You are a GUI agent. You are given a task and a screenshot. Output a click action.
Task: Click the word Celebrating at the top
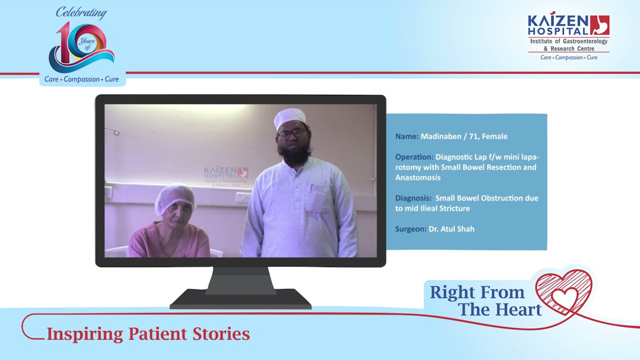(x=81, y=13)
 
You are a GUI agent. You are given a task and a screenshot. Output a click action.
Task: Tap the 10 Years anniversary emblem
(x=81, y=47)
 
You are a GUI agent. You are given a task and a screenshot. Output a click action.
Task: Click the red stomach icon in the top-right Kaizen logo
(x=599, y=25)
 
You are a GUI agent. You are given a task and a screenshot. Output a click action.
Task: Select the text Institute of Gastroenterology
(x=569, y=41)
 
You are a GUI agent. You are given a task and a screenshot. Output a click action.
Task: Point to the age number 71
(x=473, y=136)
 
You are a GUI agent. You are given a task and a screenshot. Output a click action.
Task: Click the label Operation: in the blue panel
(x=414, y=157)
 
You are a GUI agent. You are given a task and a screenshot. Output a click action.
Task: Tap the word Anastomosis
(x=417, y=177)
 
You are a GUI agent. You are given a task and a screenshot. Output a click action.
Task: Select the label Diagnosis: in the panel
(x=413, y=198)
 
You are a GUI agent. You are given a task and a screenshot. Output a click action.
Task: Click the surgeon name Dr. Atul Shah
(x=451, y=229)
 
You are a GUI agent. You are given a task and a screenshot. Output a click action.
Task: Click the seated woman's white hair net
(x=175, y=197)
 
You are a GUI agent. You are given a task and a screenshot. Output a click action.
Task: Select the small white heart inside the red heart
(x=564, y=299)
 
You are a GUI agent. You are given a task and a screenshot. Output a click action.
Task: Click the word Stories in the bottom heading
(x=221, y=333)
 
